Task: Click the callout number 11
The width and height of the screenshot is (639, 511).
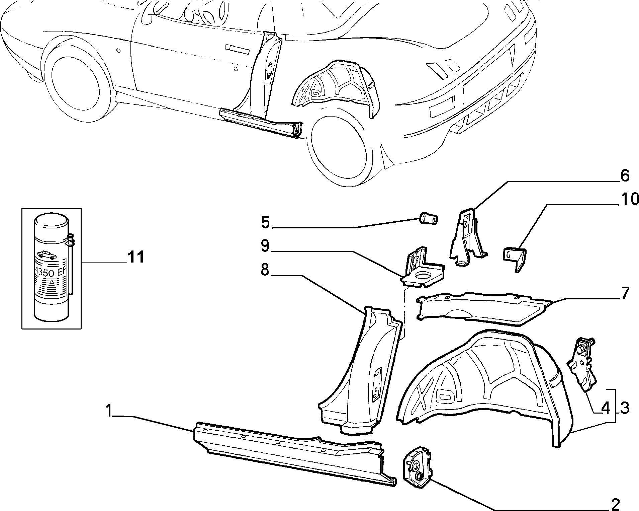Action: [135, 257]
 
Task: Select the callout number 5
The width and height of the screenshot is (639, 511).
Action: [266, 222]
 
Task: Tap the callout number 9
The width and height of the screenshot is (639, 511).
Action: [265, 246]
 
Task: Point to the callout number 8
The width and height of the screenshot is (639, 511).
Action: [265, 270]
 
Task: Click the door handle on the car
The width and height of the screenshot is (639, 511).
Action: [237, 49]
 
